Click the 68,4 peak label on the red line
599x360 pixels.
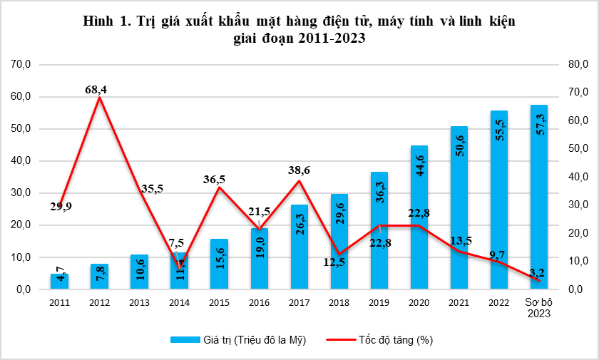[100, 89]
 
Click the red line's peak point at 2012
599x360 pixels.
[100, 97]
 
